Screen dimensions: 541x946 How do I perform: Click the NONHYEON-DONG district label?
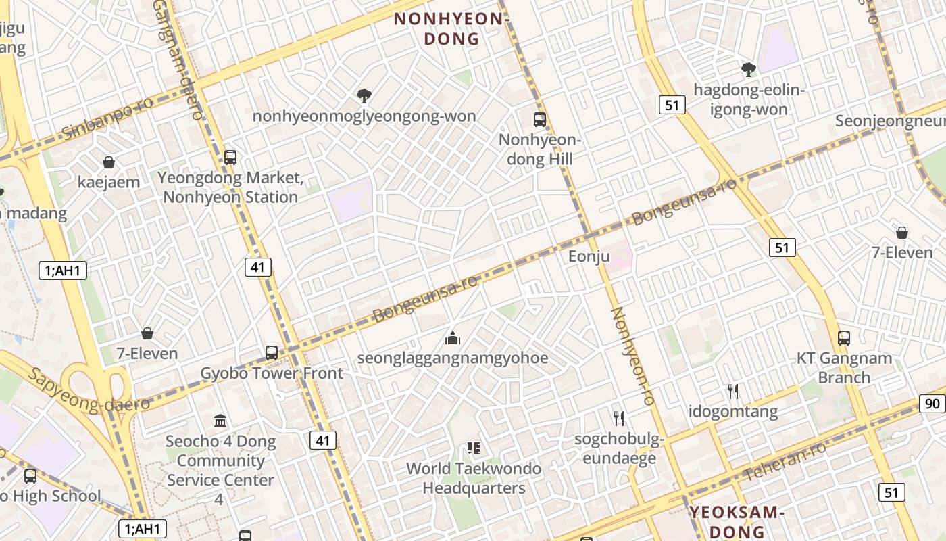coord(451,29)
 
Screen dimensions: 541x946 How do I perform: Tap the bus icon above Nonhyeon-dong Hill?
coord(539,120)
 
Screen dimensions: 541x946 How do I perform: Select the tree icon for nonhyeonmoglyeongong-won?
coord(364,96)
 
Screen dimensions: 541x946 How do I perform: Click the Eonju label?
coord(589,256)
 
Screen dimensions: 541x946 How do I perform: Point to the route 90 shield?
coord(932,404)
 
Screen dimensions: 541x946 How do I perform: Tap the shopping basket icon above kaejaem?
coord(108,162)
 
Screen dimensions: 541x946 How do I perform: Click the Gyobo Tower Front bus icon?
coord(271,352)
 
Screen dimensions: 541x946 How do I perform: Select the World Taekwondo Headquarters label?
coord(474,478)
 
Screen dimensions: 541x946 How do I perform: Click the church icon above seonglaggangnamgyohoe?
coord(453,337)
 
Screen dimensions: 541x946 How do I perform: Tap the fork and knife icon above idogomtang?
coord(732,391)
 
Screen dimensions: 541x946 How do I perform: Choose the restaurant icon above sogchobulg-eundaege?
coord(618,418)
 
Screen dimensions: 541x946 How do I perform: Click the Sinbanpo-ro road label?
coord(107,118)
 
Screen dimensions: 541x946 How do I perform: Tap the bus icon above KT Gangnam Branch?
coord(843,337)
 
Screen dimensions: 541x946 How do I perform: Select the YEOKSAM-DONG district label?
coord(737,521)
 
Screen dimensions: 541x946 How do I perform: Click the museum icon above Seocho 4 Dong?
coord(220,421)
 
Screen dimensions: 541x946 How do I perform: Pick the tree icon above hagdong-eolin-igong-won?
coord(748,69)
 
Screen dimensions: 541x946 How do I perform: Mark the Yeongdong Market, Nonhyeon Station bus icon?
coord(230,158)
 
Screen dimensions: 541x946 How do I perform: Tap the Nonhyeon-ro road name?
coord(633,356)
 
